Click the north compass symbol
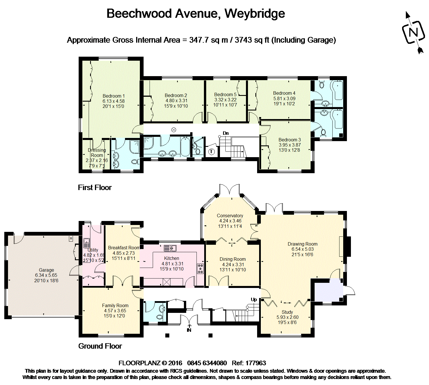[414, 32]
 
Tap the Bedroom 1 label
[114, 96]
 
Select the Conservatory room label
[230, 216]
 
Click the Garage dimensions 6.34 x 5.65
[46, 275]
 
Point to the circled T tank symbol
[211, 151]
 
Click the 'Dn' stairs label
[226, 133]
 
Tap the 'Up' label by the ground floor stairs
[254, 299]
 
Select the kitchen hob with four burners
[200, 268]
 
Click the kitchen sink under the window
[170, 248]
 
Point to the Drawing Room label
[302, 244]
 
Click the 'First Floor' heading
[95, 187]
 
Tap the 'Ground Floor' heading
[100, 346]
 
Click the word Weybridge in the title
[255, 13]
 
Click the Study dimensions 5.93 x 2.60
[287, 317]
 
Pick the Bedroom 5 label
[225, 94]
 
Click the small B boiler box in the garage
[71, 238]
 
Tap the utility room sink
[86, 243]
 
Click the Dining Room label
[233, 259]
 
